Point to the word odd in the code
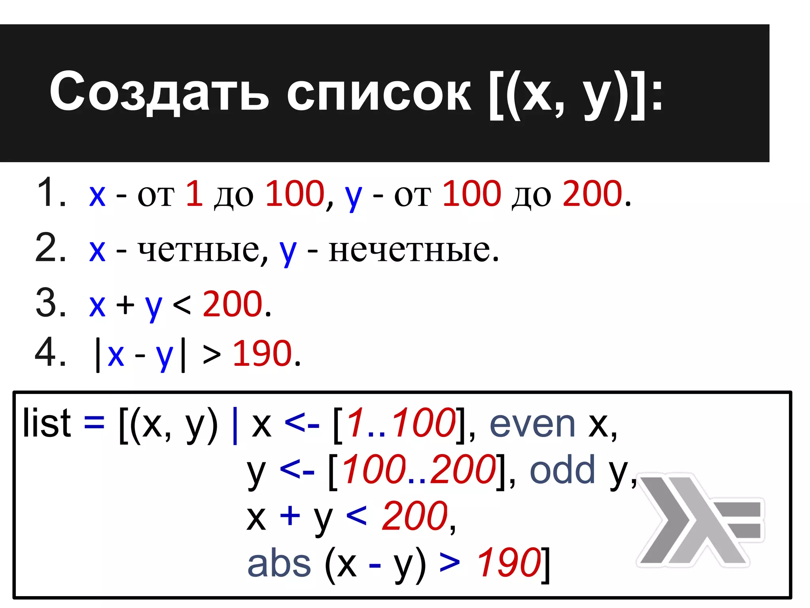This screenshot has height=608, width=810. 562,470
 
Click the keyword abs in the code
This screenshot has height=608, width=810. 279,564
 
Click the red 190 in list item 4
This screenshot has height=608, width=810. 262,353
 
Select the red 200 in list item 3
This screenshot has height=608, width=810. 232,304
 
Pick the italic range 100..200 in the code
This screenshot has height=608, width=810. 419,470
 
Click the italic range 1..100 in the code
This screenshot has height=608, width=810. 401,424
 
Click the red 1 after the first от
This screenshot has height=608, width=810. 194,194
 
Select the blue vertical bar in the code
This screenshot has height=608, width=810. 235,425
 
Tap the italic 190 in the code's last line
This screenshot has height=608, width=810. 509,563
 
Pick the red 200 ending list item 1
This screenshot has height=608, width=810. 592,194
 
